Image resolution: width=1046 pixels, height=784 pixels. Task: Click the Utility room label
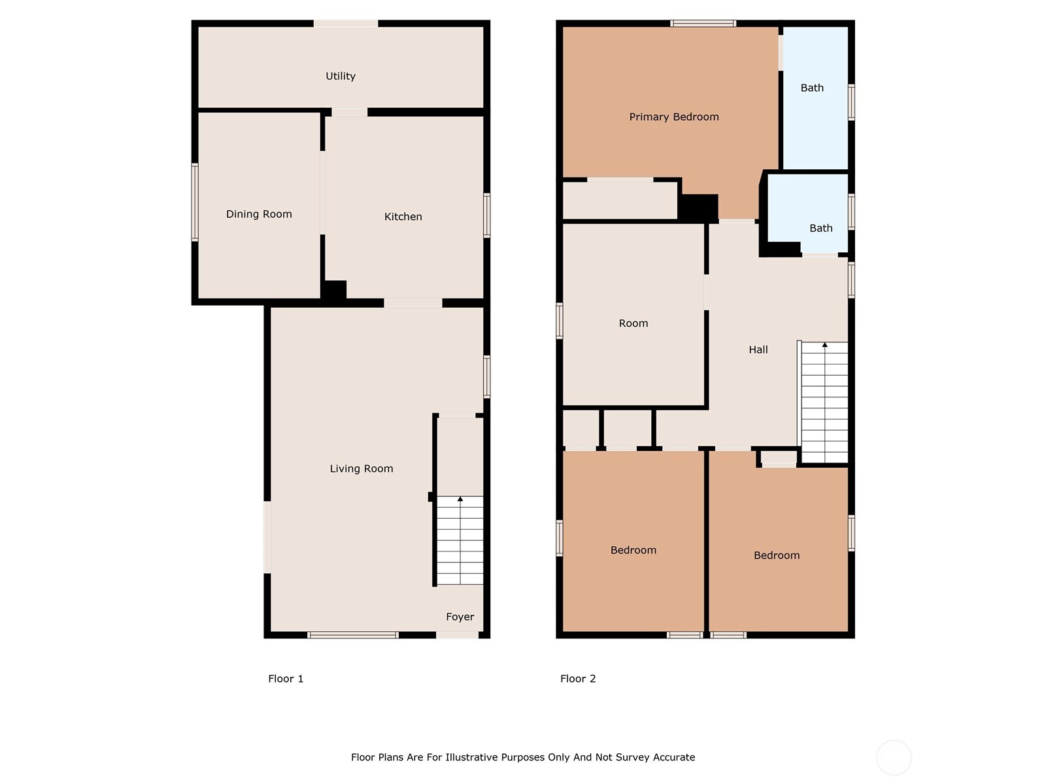(x=341, y=76)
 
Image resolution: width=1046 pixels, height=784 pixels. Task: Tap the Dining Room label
(x=259, y=214)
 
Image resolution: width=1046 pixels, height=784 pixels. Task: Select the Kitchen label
(x=403, y=217)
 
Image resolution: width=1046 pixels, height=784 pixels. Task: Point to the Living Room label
(x=361, y=468)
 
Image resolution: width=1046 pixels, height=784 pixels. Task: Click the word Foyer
(x=460, y=617)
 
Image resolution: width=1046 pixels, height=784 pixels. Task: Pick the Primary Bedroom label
(x=674, y=117)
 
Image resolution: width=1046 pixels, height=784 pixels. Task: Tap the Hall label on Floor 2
(x=758, y=350)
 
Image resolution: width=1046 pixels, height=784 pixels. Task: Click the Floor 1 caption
(x=286, y=679)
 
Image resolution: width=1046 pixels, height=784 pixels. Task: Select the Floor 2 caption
(x=578, y=679)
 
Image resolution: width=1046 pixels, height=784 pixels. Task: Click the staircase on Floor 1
(x=460, y=541)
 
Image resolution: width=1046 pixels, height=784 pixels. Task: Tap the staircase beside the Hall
(x=824, y=403)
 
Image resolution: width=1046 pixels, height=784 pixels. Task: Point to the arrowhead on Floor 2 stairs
(x=825, y=344)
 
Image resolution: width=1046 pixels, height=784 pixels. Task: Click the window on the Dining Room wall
(x=195, y=202)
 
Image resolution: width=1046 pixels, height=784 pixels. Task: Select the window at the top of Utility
(x=346, y=24)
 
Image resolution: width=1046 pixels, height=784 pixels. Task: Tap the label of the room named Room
(x=633, y=323)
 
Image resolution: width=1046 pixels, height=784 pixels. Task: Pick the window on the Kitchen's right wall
(x=486, y=215)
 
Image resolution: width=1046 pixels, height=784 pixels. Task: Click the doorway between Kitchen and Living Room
(x=413, y=303)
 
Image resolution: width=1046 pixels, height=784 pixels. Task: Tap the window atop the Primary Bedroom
(x=703, y=24)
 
